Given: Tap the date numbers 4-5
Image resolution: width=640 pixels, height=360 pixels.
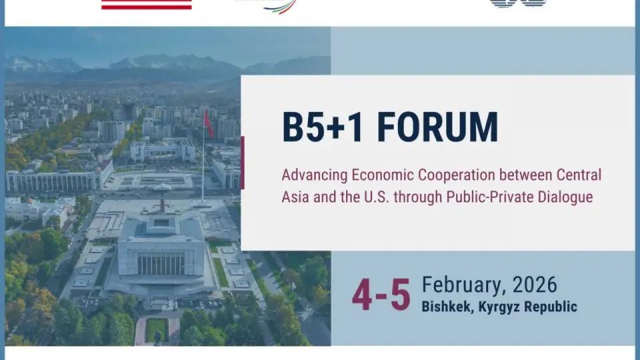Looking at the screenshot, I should pyautogui.click(x=381, y=295).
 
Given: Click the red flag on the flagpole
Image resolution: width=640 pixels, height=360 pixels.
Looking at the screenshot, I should pyautogui.click(x=209, y=124).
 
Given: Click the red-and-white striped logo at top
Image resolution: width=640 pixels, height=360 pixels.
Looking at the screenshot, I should pyautogui.click(x=146, y=5).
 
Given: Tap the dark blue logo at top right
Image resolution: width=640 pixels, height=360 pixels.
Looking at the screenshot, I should pyautogui.click(x=517, y=3).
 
